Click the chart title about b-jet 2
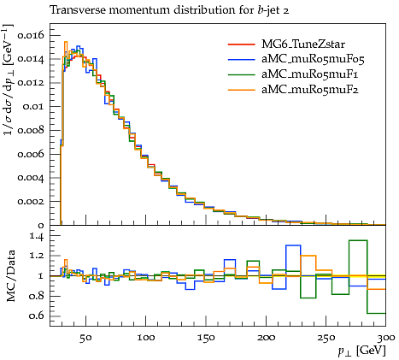coord(169,10)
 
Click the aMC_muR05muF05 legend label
coord(313,59)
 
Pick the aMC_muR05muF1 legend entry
coord(309,74)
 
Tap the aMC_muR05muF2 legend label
coord(310,90)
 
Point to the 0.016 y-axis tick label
coord(31,35)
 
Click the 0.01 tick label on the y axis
coord(34,107)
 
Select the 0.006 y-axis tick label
coord(31,154)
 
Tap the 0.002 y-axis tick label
coord(31,202)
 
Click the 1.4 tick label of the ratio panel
coord(37,236)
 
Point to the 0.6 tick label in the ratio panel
coord(37,316)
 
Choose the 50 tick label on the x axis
coord(85,338)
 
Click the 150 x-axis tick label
coord(206,338)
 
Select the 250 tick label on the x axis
coord(326,338)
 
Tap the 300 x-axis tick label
coord(385,338)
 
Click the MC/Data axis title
coord(11,276)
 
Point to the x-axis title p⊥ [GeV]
coord(361,351)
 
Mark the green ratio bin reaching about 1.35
coord(358,240)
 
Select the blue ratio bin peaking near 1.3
coord(293,245)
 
